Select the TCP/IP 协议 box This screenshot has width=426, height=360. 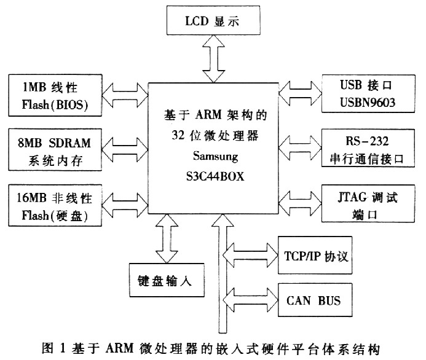(316, 254)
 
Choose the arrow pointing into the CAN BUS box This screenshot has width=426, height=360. (252, 299)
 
